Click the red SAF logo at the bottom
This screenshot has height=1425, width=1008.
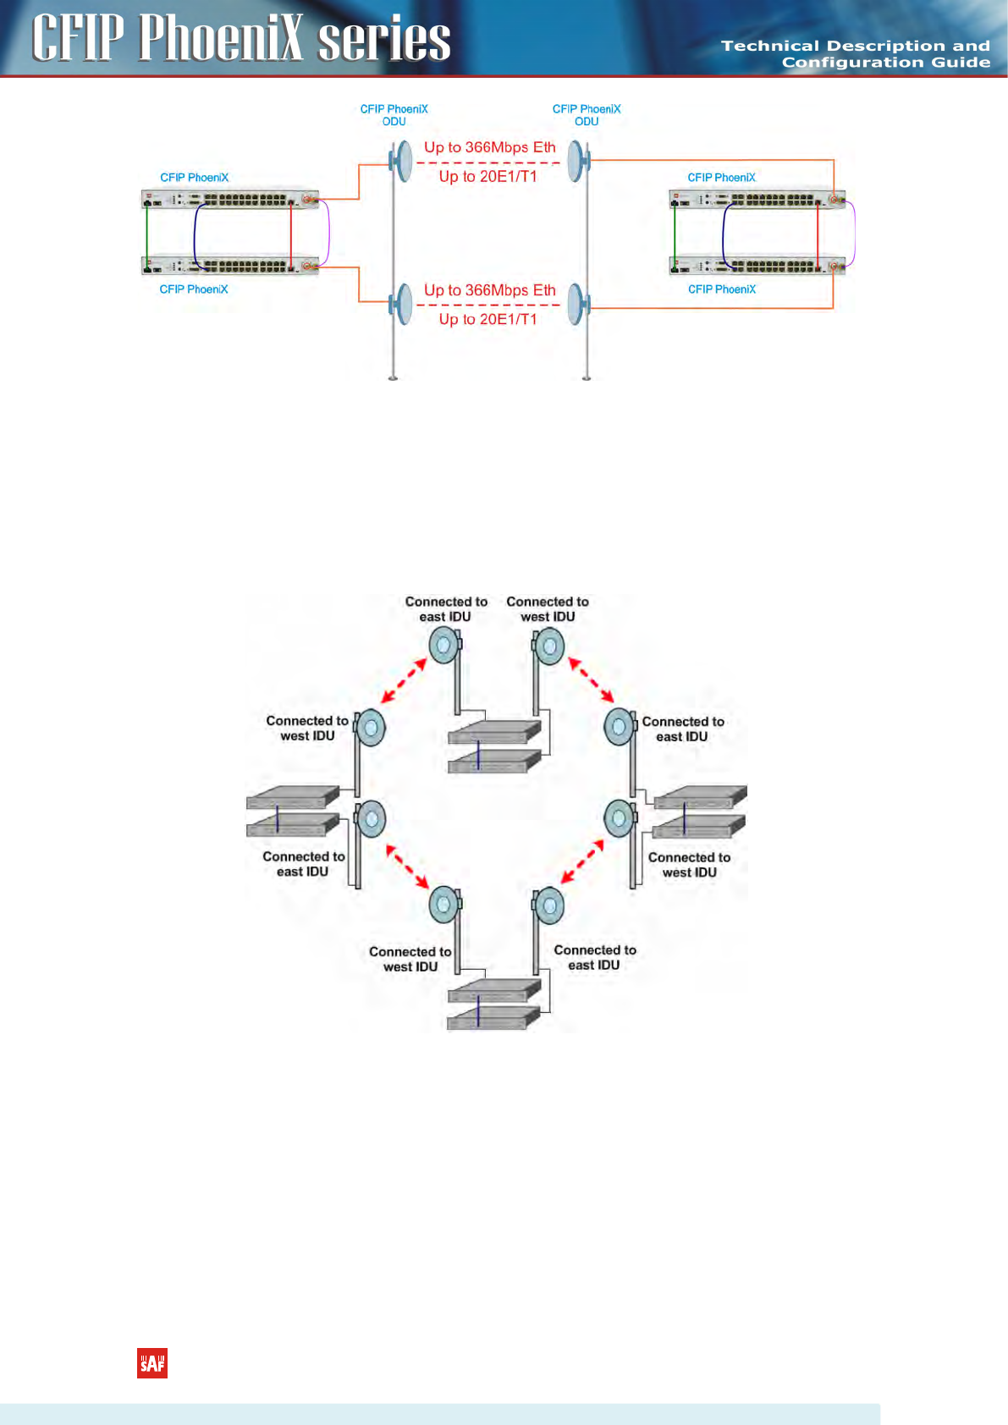click(152, 1362)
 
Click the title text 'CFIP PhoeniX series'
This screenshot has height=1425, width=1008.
click(241, 38)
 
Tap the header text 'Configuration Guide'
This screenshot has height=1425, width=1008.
click(885, 63)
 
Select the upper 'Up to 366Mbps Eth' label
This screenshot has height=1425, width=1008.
click(489, 147)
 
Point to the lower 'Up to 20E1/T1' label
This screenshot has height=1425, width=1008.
click(487, 319)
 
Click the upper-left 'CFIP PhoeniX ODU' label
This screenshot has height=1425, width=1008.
click(394, 115)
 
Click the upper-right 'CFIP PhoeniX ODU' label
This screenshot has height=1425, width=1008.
click(587, 115)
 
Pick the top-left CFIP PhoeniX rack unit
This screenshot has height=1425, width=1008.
click(229, 200)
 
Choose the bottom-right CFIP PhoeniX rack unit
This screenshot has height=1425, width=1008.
click(757, 266)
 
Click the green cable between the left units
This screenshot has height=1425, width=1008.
click(146, 233)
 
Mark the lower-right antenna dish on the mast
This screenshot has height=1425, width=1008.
click(577, 303)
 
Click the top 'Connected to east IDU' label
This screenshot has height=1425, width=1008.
click(446, 609)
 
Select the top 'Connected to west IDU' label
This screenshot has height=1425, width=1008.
click(548, 609)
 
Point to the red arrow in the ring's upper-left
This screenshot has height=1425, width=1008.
click(403, 681)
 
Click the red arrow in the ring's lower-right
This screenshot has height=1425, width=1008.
click(582, 861)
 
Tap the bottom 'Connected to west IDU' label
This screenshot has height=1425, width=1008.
click(410, 959)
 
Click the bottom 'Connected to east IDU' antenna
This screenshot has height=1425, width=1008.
click(549, 905)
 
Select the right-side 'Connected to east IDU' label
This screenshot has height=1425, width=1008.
click(683, 729)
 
